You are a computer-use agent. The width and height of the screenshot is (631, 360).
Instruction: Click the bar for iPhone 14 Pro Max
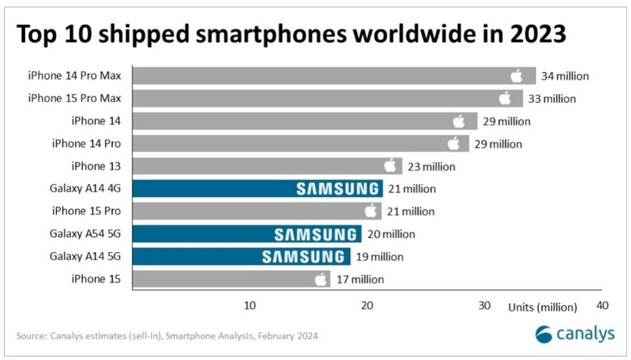click(334, 75)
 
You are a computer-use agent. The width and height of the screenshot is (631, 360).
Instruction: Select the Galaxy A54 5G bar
click(247, 234)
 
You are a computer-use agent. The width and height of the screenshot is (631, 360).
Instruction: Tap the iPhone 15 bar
click(231, 279)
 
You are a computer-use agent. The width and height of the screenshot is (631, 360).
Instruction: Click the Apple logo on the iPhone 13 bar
click(390, 165)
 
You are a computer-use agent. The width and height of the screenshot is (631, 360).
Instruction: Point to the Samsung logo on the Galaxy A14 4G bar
click(337, 189)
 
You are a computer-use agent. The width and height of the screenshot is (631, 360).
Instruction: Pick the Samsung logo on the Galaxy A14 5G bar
click(303, 257)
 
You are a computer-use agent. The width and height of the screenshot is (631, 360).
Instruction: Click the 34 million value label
click(564, 76)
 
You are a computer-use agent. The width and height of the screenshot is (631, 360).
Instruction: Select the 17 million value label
click(360, 279)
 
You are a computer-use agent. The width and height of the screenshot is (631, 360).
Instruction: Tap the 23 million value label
click(431, 166)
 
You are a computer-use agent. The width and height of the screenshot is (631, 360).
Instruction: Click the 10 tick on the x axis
click(250, 306)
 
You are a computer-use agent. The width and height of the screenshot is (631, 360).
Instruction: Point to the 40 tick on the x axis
click(602, 306)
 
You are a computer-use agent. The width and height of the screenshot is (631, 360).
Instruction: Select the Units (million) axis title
click(543, 307)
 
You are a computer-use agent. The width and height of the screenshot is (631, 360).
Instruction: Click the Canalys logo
click(575, 334)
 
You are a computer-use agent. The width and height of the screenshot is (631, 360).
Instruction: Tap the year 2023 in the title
click(538, 33)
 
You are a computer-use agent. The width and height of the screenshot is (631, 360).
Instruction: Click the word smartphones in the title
click(271, 33)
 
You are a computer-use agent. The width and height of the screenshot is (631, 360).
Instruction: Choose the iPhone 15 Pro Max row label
click(75, 98)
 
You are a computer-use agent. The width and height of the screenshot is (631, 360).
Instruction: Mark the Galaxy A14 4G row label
click(85, 188)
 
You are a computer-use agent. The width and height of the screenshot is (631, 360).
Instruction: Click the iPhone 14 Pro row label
click(87, 144)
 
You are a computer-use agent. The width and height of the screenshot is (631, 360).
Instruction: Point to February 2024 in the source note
click(288, 336)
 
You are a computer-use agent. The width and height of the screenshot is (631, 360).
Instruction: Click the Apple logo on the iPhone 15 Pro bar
click(371, 210)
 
